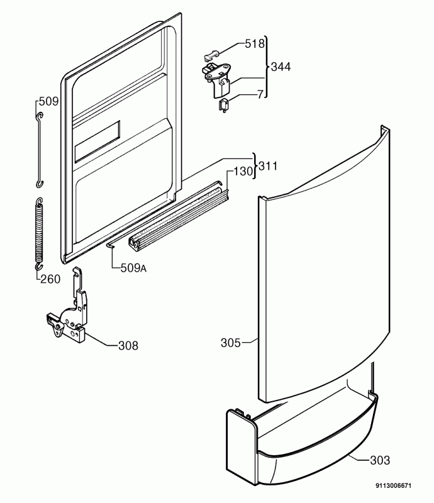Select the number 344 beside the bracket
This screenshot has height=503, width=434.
(x=281, y=67)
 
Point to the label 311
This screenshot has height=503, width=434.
(x=269, y=167)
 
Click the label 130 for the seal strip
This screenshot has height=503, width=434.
(x=245, y=171)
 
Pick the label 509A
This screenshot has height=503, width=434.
(x=133, y=268)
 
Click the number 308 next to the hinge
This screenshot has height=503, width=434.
(x=128, y=345)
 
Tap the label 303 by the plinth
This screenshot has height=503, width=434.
(x=379, y=460)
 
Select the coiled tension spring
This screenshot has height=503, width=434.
(x=39, y=230)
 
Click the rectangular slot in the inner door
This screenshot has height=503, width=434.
(x=97, y=143)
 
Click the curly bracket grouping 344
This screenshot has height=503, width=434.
(x=266, y=67)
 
